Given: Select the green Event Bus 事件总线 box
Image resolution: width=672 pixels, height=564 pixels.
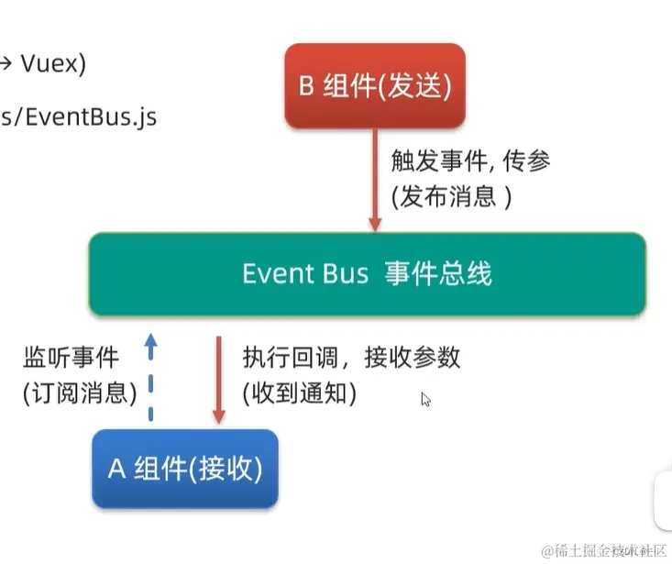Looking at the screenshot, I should (x=367, y=273).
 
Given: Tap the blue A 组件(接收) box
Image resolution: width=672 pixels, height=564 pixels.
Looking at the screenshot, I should (x=185, y=469).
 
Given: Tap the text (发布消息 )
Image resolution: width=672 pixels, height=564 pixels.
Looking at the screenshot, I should (x=450, y=198).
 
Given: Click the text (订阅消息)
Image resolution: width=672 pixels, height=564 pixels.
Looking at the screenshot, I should (x=79, y=393).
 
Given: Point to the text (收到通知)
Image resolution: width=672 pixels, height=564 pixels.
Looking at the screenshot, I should (x=299, y=393).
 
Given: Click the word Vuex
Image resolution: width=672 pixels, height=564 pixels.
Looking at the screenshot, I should (x=53, y=64).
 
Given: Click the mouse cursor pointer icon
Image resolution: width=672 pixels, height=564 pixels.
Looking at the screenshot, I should (x=425, y=399).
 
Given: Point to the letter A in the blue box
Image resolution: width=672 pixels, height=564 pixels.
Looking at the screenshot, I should (x=116, y=469).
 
